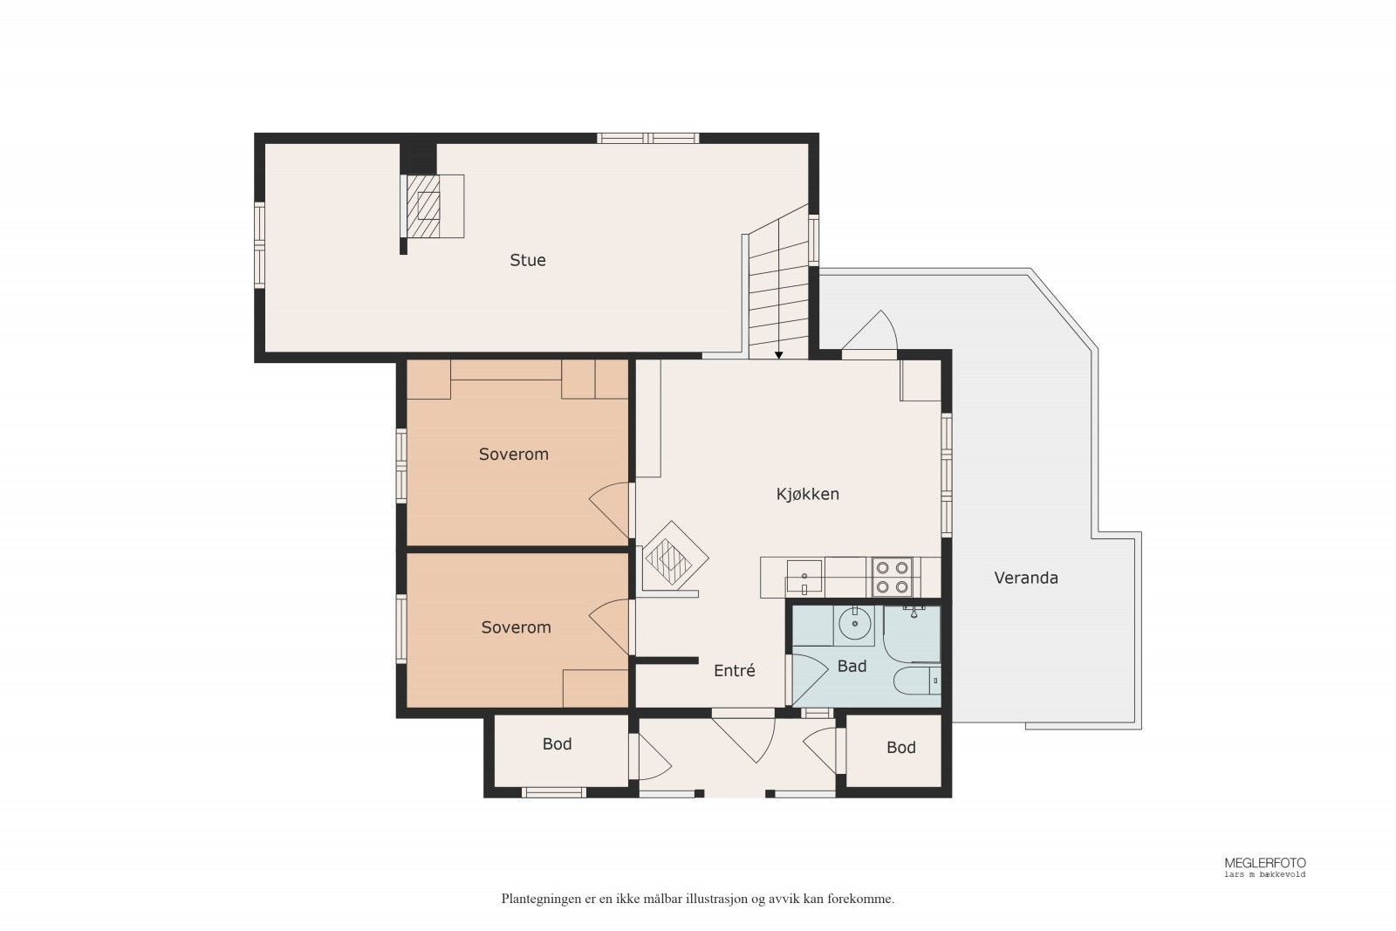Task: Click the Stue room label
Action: click(x=527, y=260)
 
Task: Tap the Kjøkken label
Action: click(x=807, y=494)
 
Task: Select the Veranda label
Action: click(x=1026, y=578)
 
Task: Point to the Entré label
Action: click(x=734, y=670)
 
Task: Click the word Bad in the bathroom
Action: click(x=852, y=666)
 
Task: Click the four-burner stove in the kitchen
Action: click(x=892, y=577)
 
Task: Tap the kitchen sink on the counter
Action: click(x=804, y=577)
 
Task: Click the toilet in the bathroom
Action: click(x=917, y=681)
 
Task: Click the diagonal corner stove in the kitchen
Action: click(x=672, y=556)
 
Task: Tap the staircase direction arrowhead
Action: click(x=778, y=355)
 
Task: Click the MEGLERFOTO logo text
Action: click(x=1264, y=863)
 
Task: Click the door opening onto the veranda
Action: click(x=869, y=332)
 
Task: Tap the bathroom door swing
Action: click(x=808, y=680)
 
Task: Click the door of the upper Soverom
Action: click(x=611, y=510)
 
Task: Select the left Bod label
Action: click(x=557, y=743)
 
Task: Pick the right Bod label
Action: click(x=901, y=747)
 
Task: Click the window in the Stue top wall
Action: click(x=648, y=139)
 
